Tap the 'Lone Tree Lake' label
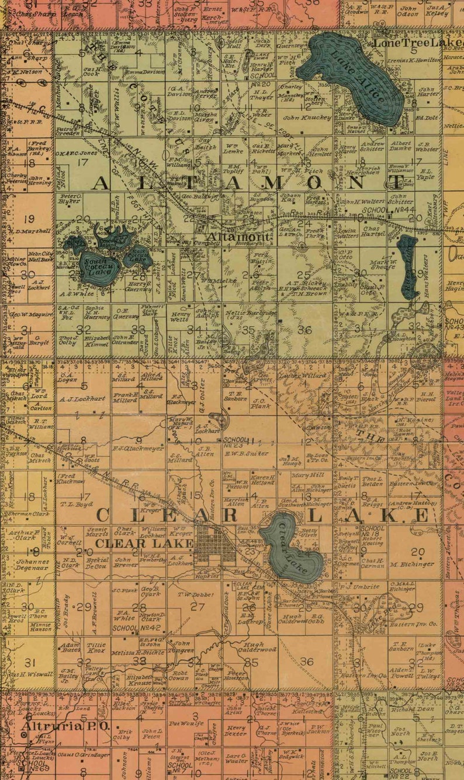[417, 43]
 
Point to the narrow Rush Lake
[408, 266]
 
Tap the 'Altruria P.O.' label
[65, 726]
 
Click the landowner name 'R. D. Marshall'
[27, 231]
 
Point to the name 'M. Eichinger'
[413, 564]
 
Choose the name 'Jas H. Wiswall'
[29, 674]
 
